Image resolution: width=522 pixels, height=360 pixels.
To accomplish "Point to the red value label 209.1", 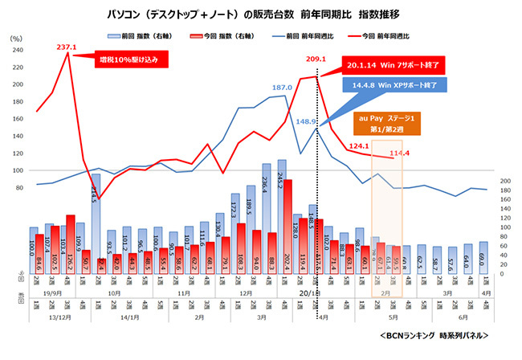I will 316,59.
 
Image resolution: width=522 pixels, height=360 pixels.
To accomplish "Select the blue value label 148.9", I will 308,122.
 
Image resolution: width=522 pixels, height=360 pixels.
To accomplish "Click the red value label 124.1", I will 361,146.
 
